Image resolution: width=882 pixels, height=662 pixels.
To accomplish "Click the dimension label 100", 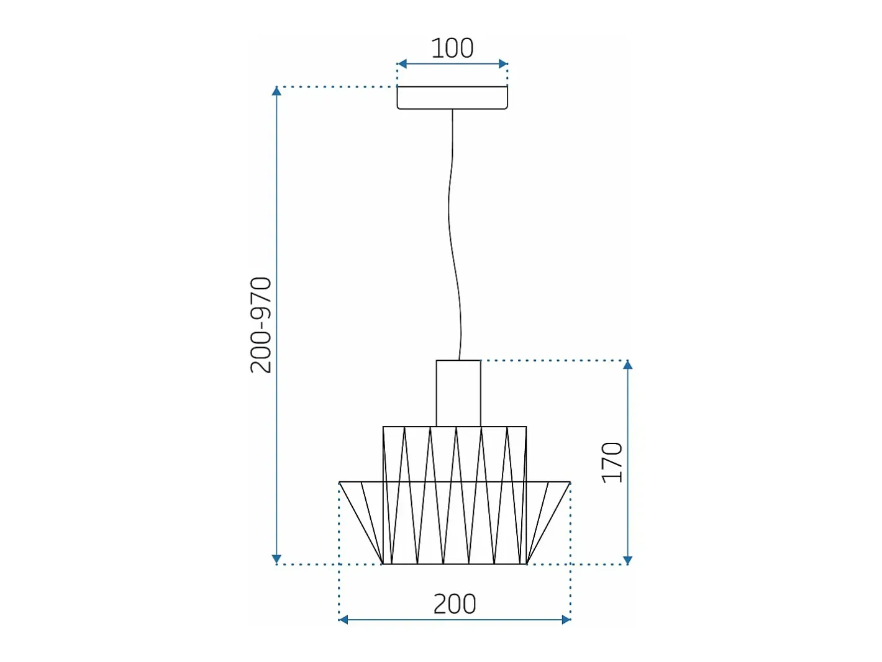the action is pos(452,48).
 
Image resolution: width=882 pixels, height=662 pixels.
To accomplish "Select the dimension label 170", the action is pos(612,463).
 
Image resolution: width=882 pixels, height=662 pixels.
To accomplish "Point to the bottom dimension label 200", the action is pos(455,604).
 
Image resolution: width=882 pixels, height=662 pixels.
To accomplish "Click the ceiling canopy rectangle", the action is pos(452,97).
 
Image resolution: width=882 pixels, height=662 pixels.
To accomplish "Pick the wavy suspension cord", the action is pos(455,235).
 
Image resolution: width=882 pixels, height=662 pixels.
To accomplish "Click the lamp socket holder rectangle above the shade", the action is pos(458,393).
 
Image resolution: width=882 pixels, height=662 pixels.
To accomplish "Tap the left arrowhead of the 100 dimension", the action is pos(401,63).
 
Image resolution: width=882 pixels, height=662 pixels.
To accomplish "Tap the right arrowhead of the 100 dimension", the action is pos(503,63).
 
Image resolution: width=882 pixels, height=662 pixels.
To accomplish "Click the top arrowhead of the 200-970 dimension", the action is pos(276,91).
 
